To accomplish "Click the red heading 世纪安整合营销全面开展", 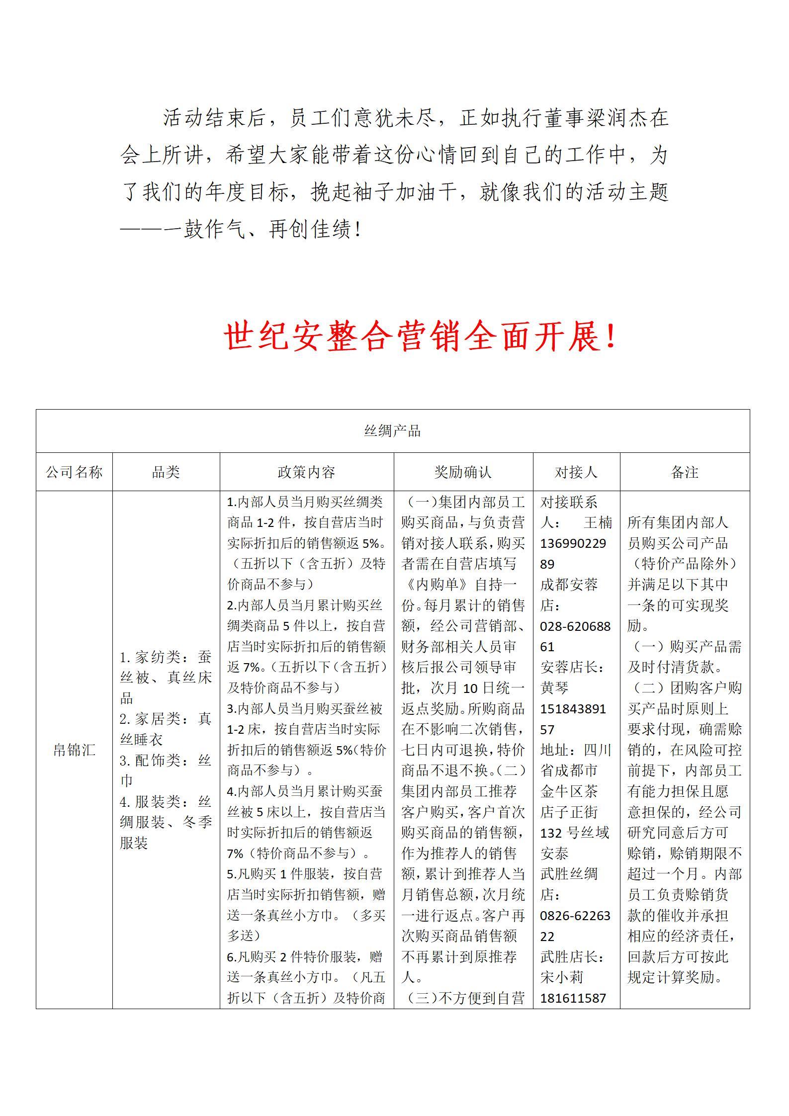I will point(421,338).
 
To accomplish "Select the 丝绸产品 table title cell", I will point(392,431).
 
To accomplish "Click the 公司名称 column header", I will point(74,472).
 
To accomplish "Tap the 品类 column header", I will point(166,472).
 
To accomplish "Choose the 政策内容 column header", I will point(306,472).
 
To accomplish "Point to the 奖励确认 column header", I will point(463,472).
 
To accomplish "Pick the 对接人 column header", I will point(576,472).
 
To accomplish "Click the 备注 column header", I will point(685,472).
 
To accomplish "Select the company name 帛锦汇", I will point(74,750).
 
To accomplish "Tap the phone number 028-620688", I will point(575,626).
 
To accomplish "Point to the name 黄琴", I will point(554,688).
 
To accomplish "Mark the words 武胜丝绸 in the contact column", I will point(569,874).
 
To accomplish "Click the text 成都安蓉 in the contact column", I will point(569,585).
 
